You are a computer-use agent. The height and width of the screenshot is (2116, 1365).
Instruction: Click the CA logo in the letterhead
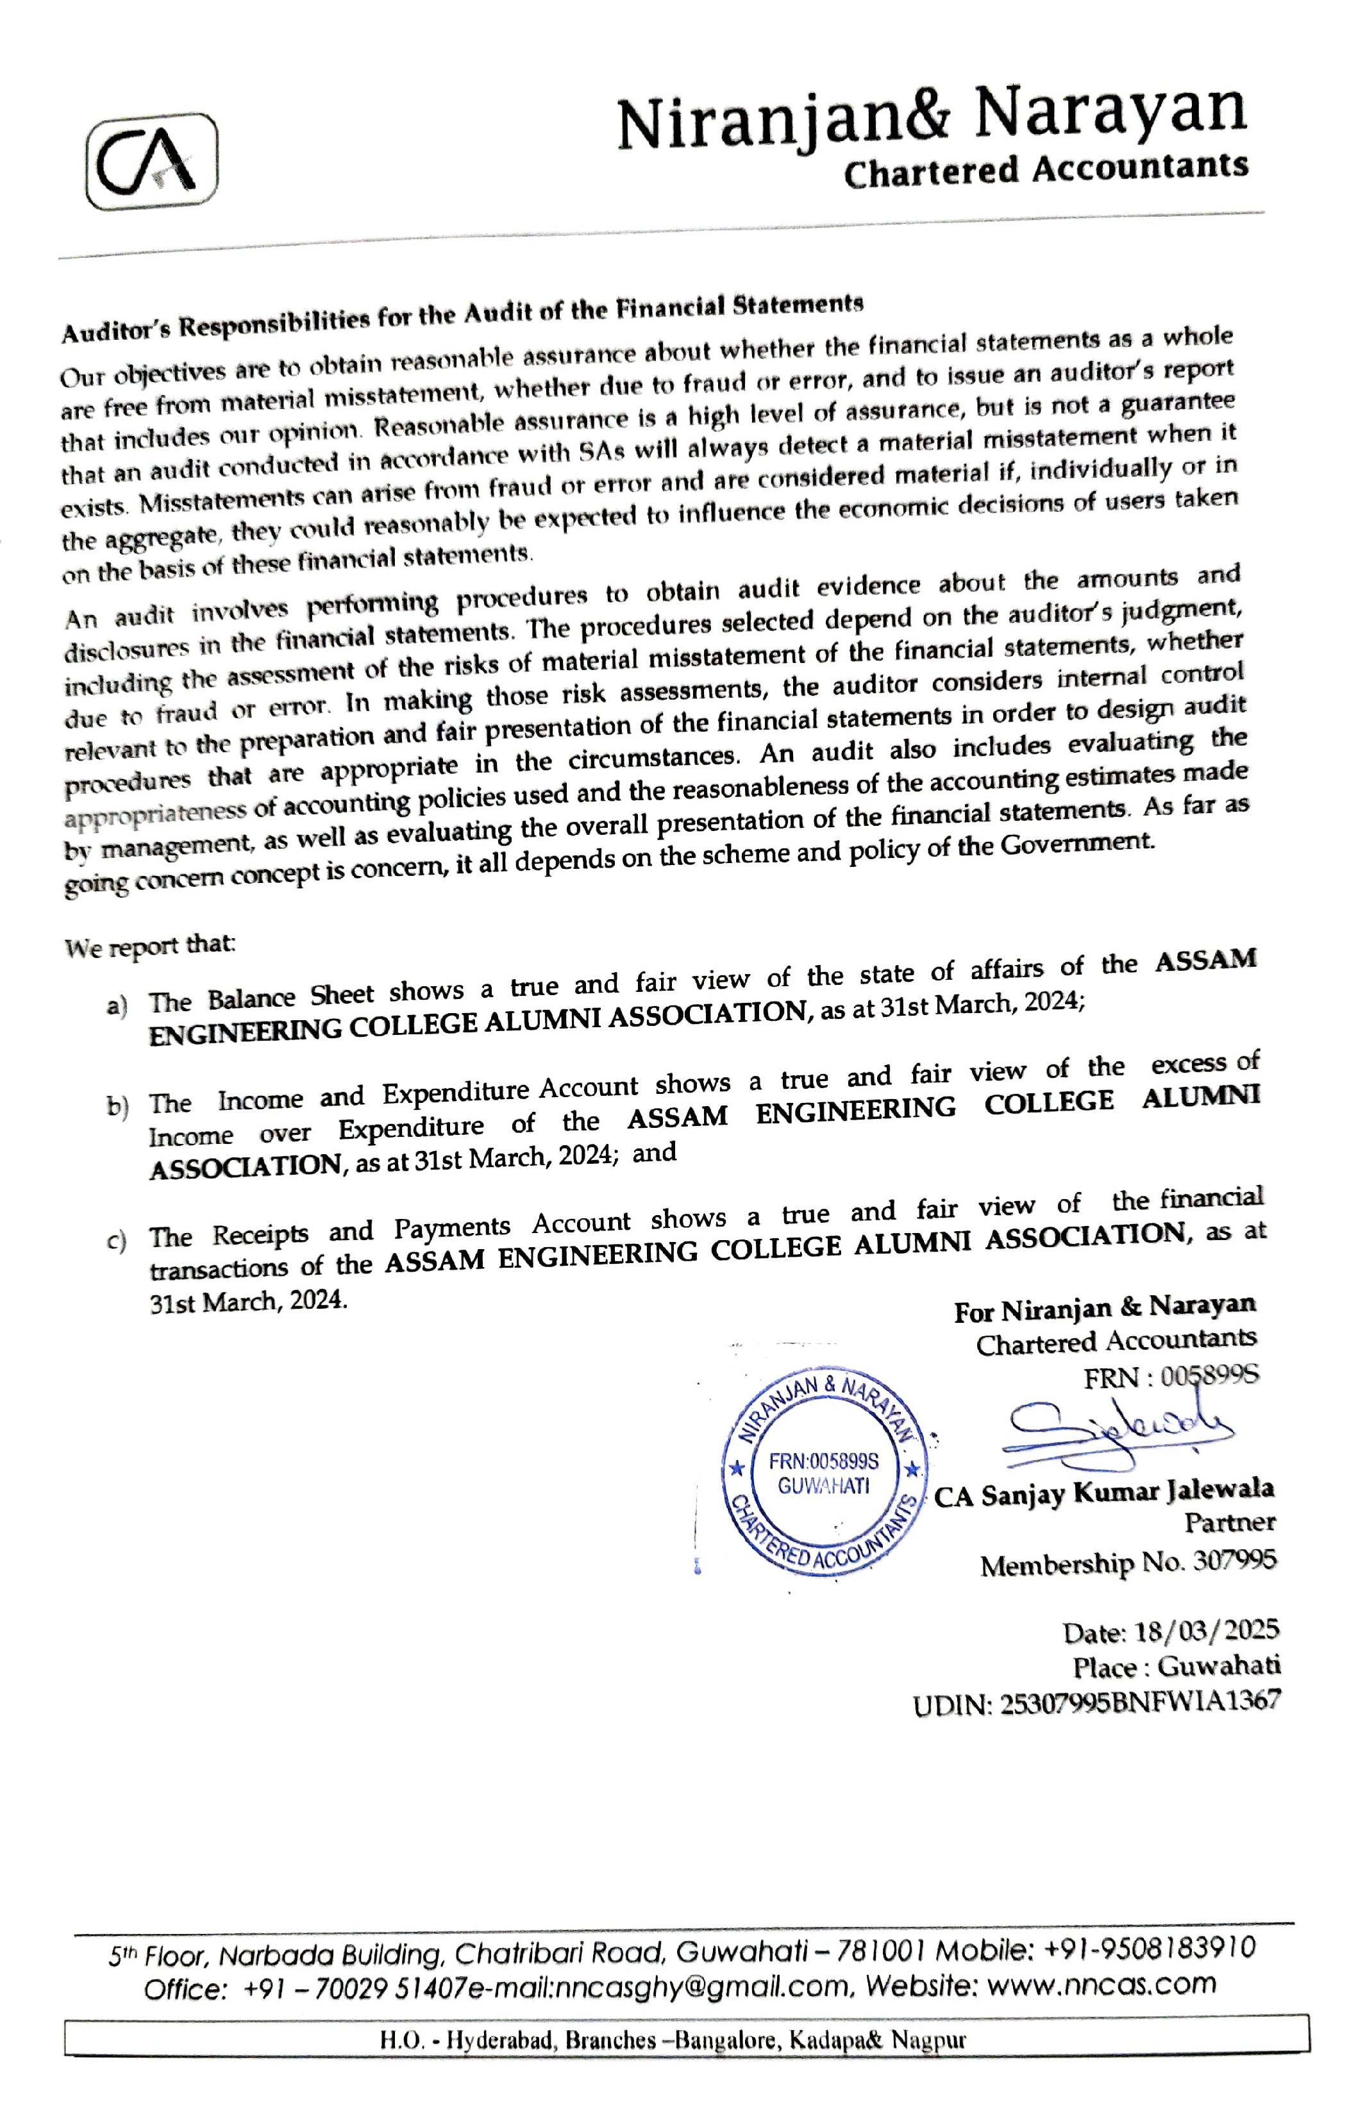(151, 162)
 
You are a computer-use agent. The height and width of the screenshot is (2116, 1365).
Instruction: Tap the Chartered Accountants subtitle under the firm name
(1046, 169)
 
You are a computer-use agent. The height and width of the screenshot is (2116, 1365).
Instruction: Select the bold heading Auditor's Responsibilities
(462, 317)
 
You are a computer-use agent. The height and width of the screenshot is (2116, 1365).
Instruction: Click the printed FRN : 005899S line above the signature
(1170, 1377)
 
